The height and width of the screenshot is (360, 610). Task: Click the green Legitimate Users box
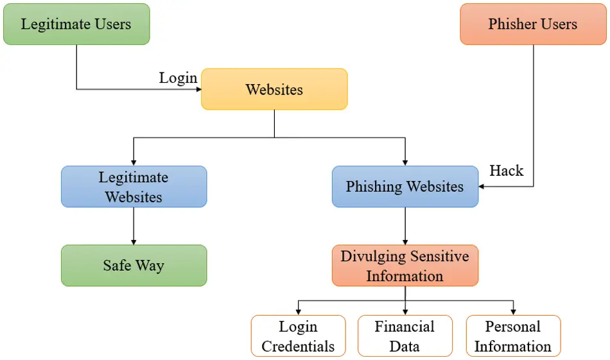tap(76, 24)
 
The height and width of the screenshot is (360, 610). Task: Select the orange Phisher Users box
tap(533, 24)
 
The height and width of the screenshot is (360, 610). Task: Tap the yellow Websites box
tap(274, 89)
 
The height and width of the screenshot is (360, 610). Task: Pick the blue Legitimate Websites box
tap(134, 187)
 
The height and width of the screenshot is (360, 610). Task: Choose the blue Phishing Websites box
tap(405, 187)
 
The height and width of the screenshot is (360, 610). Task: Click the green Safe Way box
tap(134, 265)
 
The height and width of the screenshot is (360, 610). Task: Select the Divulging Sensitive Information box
tap(405, 265)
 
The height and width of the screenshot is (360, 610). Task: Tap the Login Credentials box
tap(298, 336)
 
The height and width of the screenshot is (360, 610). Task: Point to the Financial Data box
tap(405, 336)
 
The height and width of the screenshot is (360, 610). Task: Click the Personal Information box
tap(512, 336)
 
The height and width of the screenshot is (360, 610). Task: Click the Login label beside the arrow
tap(178, 78)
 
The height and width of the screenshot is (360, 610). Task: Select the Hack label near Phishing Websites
tap(506, 171)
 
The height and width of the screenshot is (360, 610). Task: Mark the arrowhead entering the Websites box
tap(198, 89)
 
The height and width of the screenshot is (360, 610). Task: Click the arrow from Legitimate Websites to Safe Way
tap(134, 225)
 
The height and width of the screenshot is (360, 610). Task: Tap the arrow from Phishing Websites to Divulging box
tap(405, 225)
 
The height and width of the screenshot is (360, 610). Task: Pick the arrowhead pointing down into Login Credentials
tap(298, 311)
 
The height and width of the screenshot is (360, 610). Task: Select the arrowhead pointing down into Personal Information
tap(513, 311)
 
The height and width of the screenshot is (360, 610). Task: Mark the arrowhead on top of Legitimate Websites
tap(134, 162)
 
